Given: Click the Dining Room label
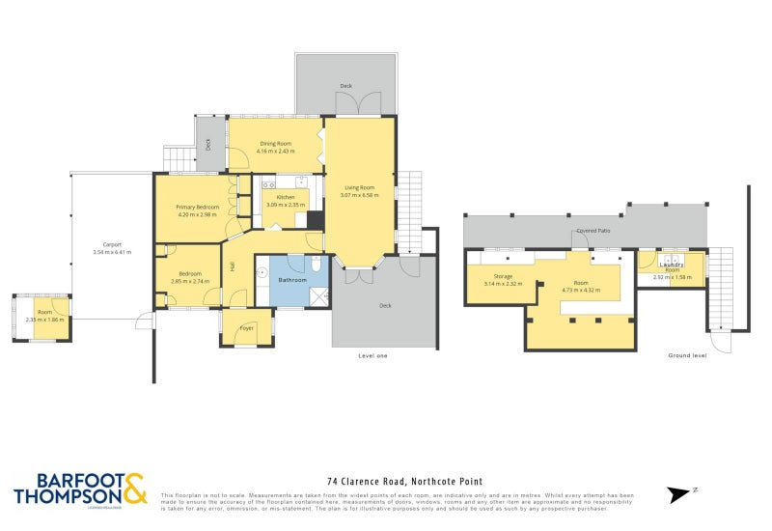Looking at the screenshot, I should point(275,144).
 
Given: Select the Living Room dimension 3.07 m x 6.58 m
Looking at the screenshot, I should point(359,195).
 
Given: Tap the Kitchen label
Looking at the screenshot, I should point(286,197).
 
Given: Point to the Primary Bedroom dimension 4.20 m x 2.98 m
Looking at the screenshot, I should point(197,214).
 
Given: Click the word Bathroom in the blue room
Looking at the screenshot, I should point(292,280).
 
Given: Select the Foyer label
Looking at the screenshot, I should point(246,328).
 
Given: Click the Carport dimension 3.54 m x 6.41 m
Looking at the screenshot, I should point(111,252).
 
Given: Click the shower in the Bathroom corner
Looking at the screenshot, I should point(318,295).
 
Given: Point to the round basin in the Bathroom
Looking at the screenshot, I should point(262,273).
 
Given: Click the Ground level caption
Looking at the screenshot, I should point(687,356).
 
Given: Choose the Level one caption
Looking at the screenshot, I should point(372,356).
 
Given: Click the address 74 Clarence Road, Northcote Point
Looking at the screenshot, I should point(404,481).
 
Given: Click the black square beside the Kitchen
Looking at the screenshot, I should point(315,219).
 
